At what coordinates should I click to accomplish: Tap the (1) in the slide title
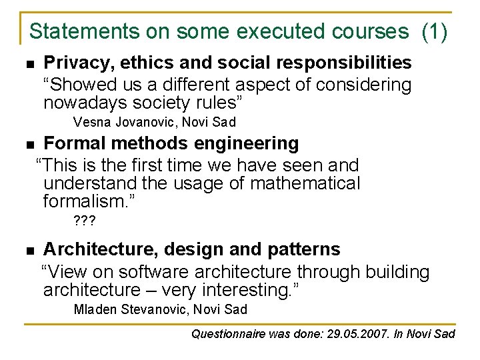[435, 31]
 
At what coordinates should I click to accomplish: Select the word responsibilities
[346, 63]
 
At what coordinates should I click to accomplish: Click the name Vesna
[92, 122]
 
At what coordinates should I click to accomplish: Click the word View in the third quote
[69, 271]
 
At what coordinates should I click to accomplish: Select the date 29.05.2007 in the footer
[355, 333]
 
